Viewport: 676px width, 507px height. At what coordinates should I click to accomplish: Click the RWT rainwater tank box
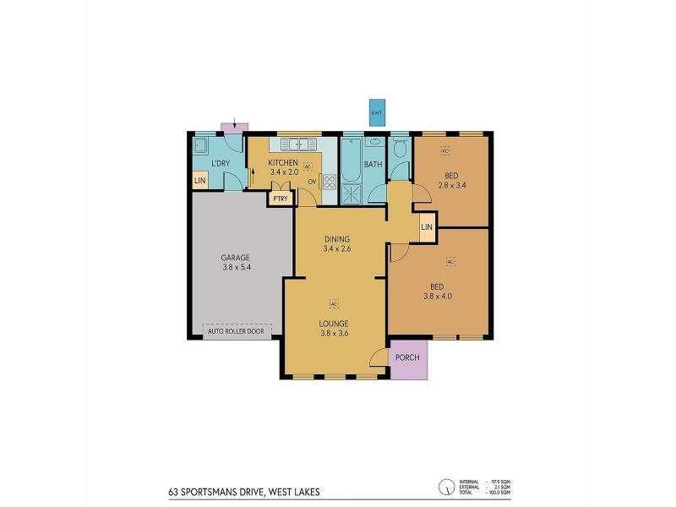[x=376, y=112]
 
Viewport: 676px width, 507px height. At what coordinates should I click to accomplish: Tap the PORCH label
[x=408, y=357]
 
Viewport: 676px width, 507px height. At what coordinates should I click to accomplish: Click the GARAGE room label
[x=235, y=258]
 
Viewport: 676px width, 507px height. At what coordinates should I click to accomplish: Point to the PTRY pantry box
[x=280, y=199]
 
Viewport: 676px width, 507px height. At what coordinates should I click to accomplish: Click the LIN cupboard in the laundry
[x=199, y=181]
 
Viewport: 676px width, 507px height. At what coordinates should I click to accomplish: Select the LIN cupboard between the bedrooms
[x=427, y=227]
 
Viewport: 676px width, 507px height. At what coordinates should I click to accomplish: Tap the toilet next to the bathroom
[x=401, y=150]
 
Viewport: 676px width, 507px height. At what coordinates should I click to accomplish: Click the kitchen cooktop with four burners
[x=329, y=181]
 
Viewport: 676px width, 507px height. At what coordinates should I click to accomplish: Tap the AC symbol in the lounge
[x=334, y=303]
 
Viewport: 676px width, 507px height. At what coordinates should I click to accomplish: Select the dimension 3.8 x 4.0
[x=438, y=296]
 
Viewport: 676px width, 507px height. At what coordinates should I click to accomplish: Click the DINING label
[x=336, y=239]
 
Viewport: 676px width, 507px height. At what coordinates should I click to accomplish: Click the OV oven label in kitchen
[x=312, y=181]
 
